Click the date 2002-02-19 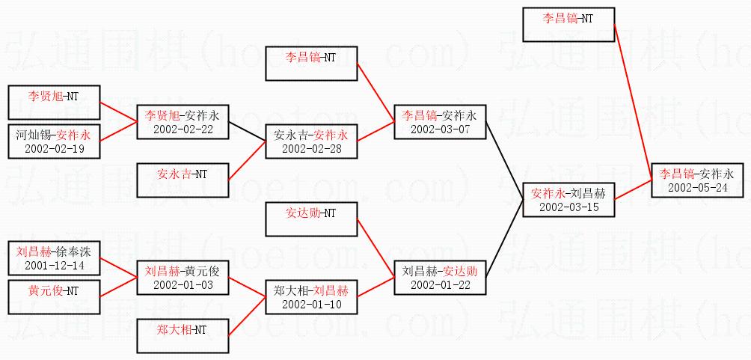pos(53,149)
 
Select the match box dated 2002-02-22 pos(183,121)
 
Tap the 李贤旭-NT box pos(53,97)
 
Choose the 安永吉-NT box pos(183,174)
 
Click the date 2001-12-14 pos(53,265)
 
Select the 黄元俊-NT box pos(53,290)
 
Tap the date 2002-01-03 pos(183,285)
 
